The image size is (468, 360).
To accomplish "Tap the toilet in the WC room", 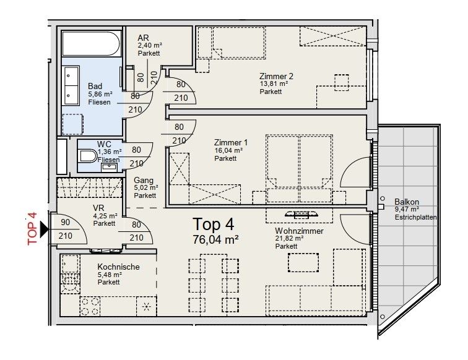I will coord(88,158).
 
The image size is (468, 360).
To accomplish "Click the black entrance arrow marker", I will coord(44,230).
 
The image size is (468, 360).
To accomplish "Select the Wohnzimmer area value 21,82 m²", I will coord(290,238).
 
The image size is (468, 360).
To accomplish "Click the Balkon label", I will coord(407,202).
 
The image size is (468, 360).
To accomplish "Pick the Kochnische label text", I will coord(118,267).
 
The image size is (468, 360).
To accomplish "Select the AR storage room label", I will coord(143,38).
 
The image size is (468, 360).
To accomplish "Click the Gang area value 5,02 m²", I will coord(146,187).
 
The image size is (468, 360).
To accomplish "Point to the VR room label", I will coord(98,208).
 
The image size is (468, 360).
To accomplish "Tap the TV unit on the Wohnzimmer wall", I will coord(300,215).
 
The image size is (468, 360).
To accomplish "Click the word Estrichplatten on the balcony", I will coord(416,218).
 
